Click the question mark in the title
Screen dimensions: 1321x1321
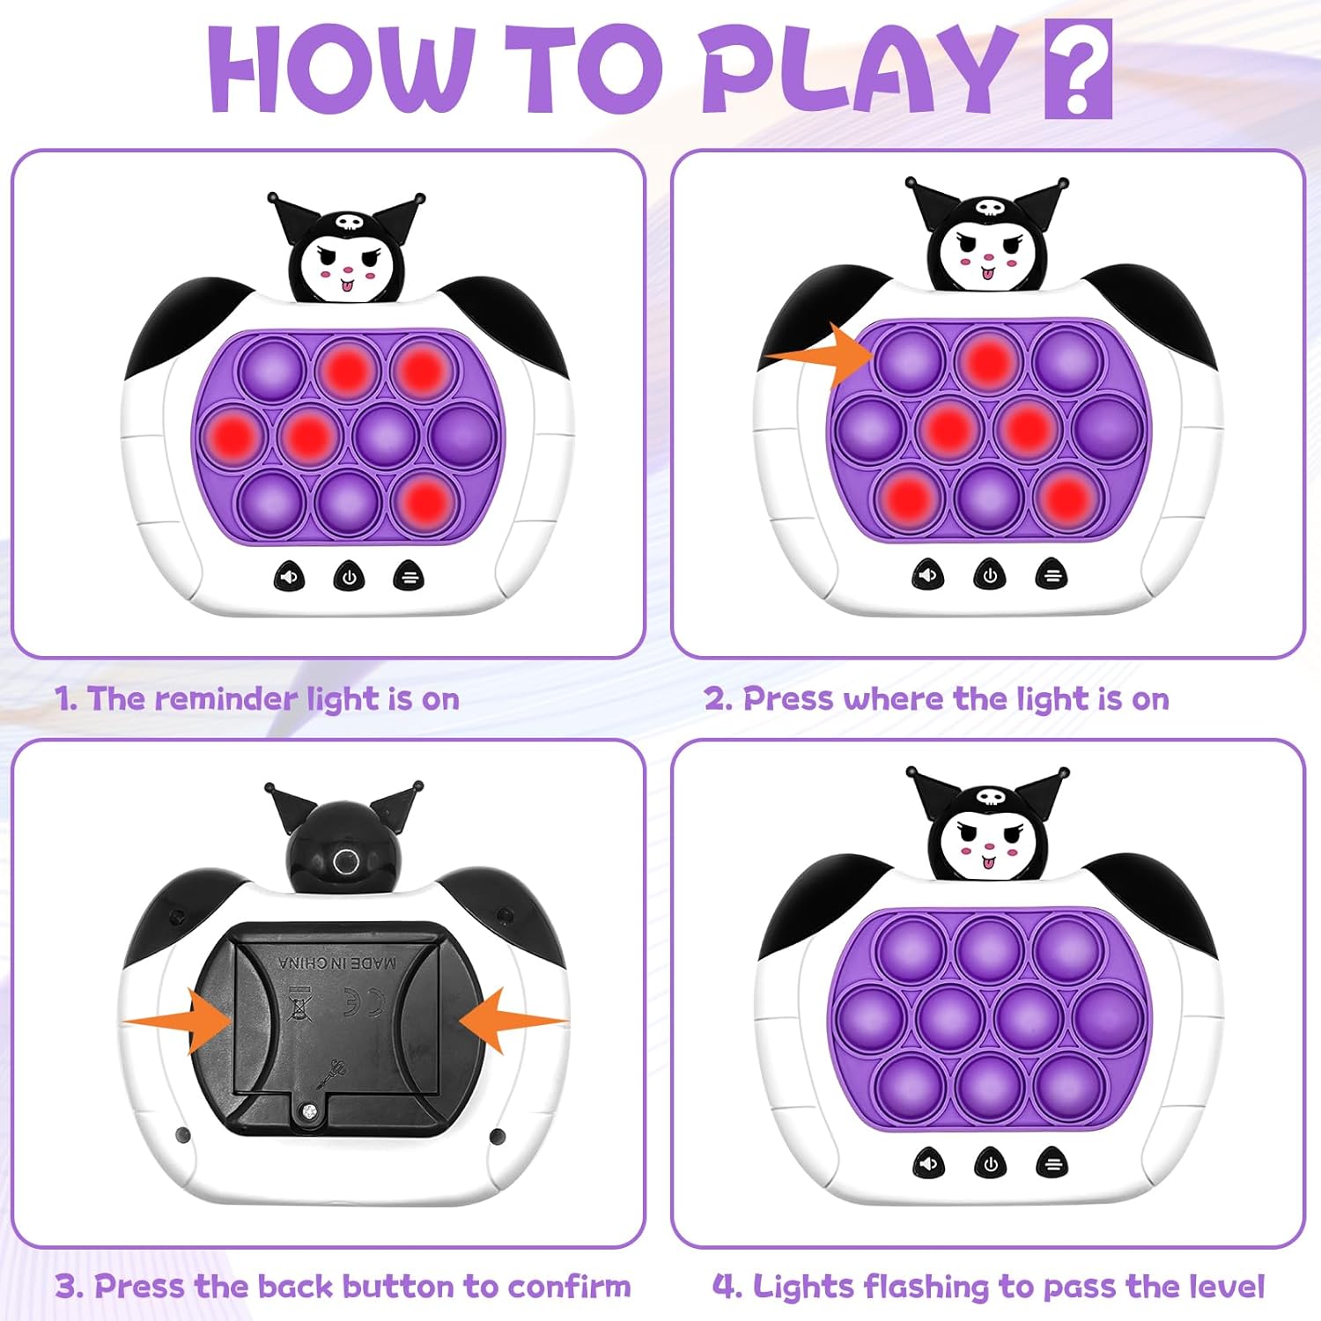[1078, 70]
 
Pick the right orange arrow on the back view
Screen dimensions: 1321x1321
[514, 1020]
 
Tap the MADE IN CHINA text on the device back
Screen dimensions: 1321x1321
[337, 963]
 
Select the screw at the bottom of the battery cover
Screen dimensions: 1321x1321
[307, 1113]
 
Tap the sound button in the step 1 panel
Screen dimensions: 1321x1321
[289, 578]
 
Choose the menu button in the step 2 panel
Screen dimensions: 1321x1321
[1052, 575]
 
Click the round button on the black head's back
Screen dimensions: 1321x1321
[345, 863]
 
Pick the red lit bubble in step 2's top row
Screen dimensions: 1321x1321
[987, 359]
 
